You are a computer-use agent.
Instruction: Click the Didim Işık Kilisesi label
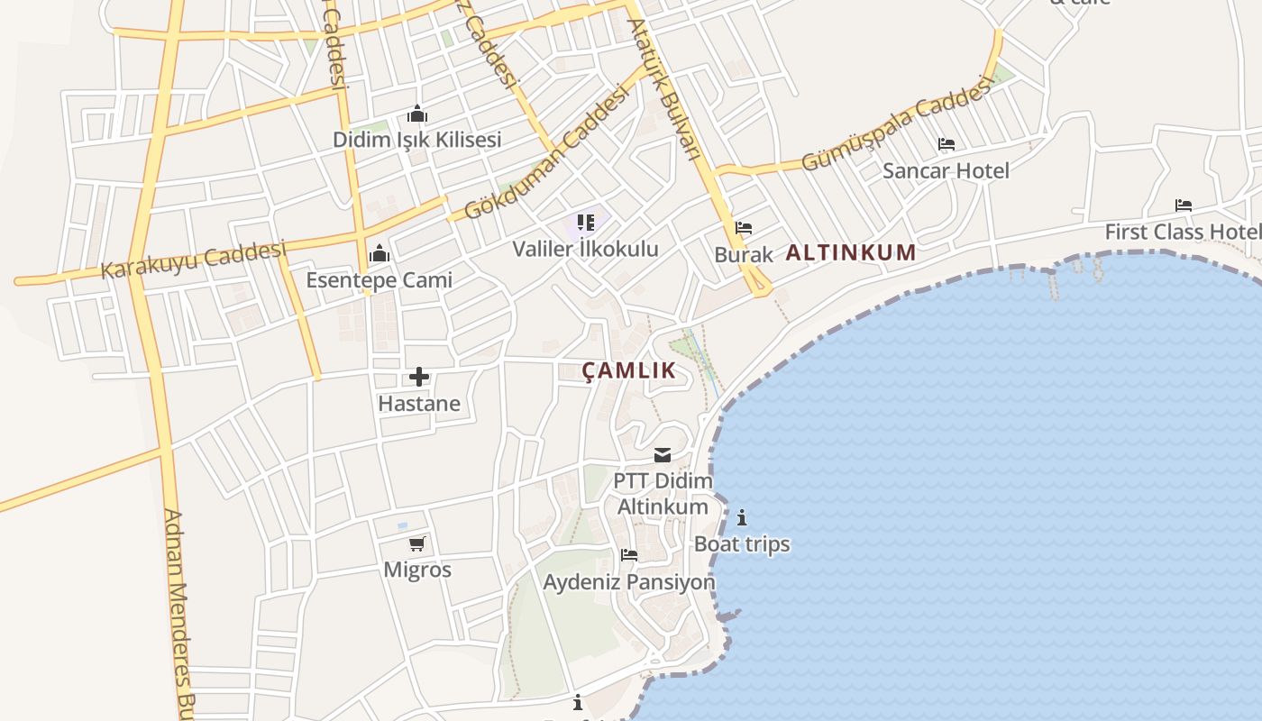click(416, 140)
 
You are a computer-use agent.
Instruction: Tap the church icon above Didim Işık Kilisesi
click(416, 114)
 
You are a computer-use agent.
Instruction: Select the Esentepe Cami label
click(379, 279)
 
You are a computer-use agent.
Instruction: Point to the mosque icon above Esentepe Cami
click(380, 253)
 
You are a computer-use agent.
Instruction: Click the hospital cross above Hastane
click(419, 377)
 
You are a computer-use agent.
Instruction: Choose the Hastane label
click(419, 403)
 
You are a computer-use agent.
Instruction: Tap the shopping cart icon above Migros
click(416, 543)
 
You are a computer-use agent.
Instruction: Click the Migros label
click(417, 570)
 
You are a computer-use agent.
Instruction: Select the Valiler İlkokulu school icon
click(586, 222)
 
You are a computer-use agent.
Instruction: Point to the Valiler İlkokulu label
click(586, 249)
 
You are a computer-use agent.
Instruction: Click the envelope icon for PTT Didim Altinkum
click(663, 455)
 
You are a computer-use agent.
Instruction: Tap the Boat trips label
click(742, 544)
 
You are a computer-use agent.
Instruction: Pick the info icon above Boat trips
click(742, 517)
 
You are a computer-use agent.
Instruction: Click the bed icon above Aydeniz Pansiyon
click(629, 555)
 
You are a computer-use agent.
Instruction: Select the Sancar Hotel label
click(946, 170)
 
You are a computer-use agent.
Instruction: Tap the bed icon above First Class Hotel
click(1184, 205)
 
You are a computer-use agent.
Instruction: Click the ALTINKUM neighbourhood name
click(850, 252)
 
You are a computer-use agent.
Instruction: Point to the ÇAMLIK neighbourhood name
click(628, 370)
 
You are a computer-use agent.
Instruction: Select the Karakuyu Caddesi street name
click(193, 259)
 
